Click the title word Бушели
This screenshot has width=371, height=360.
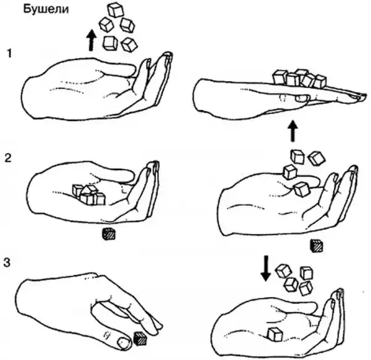(x=46, y=9)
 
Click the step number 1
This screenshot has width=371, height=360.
(x=9, y=53)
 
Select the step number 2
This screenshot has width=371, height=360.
(x=8, y=158)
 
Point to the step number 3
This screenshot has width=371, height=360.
(x=7, y=262)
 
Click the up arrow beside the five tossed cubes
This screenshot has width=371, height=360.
(x=91, y=40)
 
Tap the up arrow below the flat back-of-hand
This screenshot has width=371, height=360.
(x=293, y=131)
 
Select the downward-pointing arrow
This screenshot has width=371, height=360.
(x=266, y=268)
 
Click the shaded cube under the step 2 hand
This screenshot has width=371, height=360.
(x=109, y=234)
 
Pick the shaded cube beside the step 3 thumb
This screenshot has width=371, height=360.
(x=140, y=338)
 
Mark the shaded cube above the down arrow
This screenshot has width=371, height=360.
(x=317, y=246)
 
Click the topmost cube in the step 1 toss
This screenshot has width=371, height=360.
(x=116, y=10)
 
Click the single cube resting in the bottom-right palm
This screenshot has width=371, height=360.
(x=275, y=334)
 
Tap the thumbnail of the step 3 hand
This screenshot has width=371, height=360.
(x=124, y=343)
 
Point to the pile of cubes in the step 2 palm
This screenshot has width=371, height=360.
(x=88, y=195)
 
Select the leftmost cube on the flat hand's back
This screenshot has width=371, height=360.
(x=280, y=77)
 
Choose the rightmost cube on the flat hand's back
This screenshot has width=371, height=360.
(x=320, y=82)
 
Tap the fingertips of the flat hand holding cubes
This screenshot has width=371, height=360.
(x=362, y=96)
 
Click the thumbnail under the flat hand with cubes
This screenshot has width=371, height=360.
(x=302, y=98)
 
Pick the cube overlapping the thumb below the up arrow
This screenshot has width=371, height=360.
(x=302, y=189)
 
